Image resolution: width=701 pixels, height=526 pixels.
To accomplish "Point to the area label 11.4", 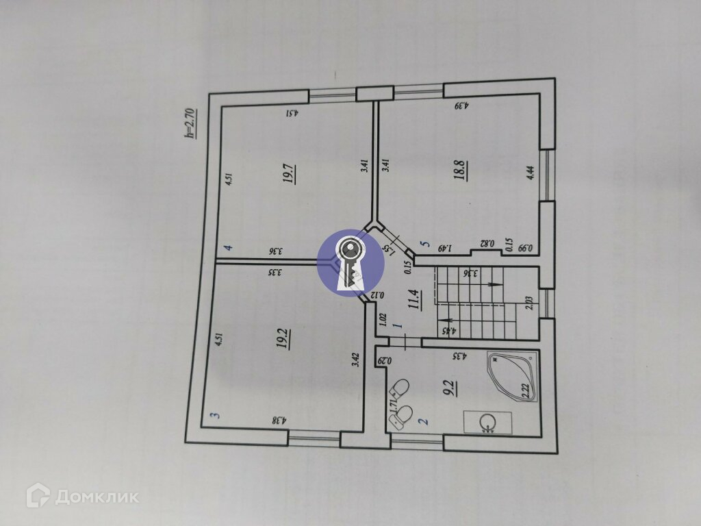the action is (x=414, y=300).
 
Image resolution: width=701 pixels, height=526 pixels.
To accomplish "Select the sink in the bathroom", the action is (x=487, y=423).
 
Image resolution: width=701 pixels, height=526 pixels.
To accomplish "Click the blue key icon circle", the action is (x=351, y=263).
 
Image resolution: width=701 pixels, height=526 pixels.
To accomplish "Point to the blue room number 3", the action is (x=214, y=415).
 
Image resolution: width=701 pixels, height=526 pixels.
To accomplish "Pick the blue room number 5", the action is (x=424, y=243).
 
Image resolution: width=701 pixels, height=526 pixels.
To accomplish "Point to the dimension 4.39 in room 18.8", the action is (x=461, y=106).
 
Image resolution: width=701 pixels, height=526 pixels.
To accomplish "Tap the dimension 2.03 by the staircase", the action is (x=528, y=303).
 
